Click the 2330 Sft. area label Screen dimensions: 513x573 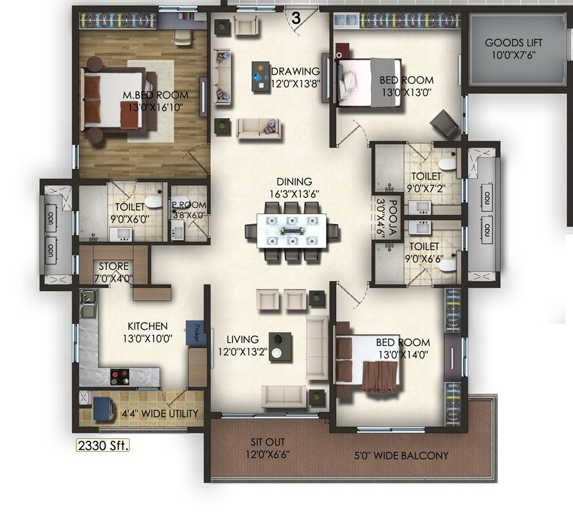[104, 445]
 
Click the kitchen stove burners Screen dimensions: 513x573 [120, 376]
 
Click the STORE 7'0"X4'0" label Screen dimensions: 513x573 [115, 272]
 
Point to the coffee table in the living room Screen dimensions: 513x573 [280, 346]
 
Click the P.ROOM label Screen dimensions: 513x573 [188, 209]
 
